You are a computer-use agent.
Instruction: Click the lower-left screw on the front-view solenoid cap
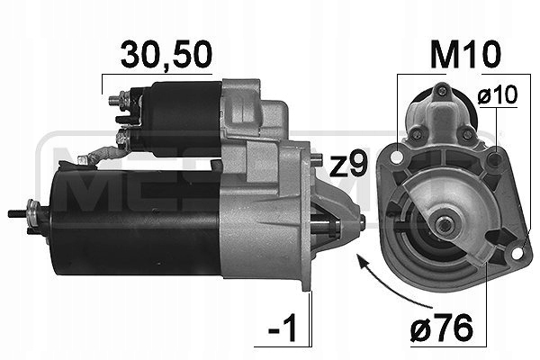coord(418,136)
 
